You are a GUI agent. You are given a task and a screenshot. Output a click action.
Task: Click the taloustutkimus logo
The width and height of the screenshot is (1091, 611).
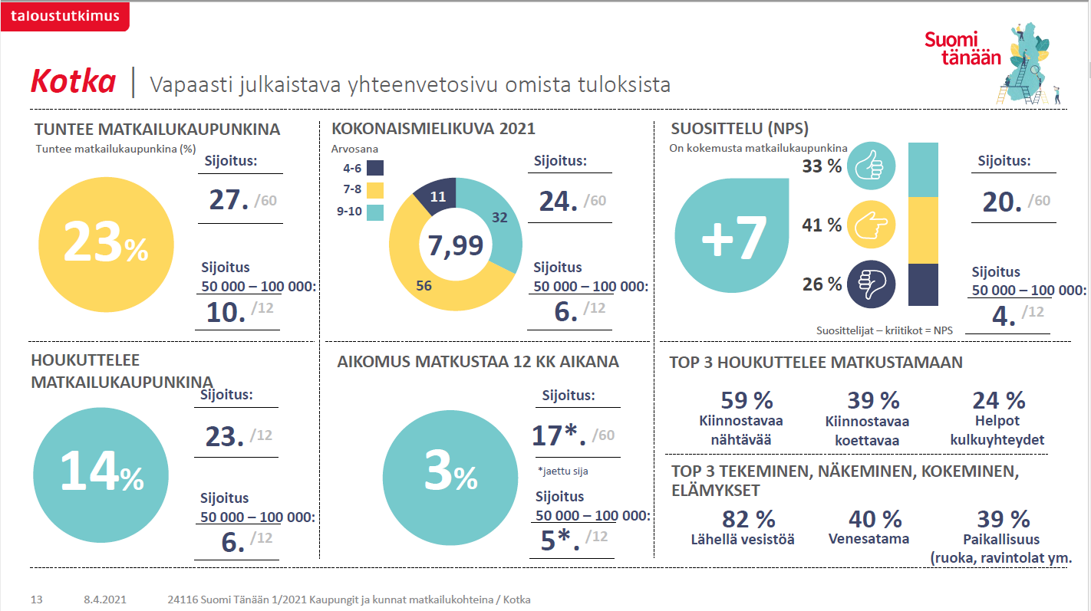point(65,16)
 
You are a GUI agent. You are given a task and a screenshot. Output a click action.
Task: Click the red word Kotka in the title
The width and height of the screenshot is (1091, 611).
point(73,81)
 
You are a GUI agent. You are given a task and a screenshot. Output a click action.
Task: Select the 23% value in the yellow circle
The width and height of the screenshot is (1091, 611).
point(105,243)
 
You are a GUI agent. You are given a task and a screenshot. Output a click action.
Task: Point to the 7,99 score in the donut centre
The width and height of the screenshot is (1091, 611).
point(456,245)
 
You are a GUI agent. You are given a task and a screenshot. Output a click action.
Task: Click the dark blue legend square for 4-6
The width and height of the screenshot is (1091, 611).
point(375,168)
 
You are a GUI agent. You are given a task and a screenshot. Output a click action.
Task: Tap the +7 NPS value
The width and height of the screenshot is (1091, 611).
point(733,238)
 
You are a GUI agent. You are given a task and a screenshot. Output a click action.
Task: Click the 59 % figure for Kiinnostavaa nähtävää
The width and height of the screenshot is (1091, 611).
point(747,400)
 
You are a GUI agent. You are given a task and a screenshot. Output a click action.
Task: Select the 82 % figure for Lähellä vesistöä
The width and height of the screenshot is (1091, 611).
point(748,519)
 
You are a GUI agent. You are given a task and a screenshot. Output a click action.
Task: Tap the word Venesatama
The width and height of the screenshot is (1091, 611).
point(869,539)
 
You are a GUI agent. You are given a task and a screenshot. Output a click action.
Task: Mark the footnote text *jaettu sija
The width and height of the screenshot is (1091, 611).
point(568,471)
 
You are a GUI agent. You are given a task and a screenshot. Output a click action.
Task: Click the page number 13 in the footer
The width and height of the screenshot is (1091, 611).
point(36,600)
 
